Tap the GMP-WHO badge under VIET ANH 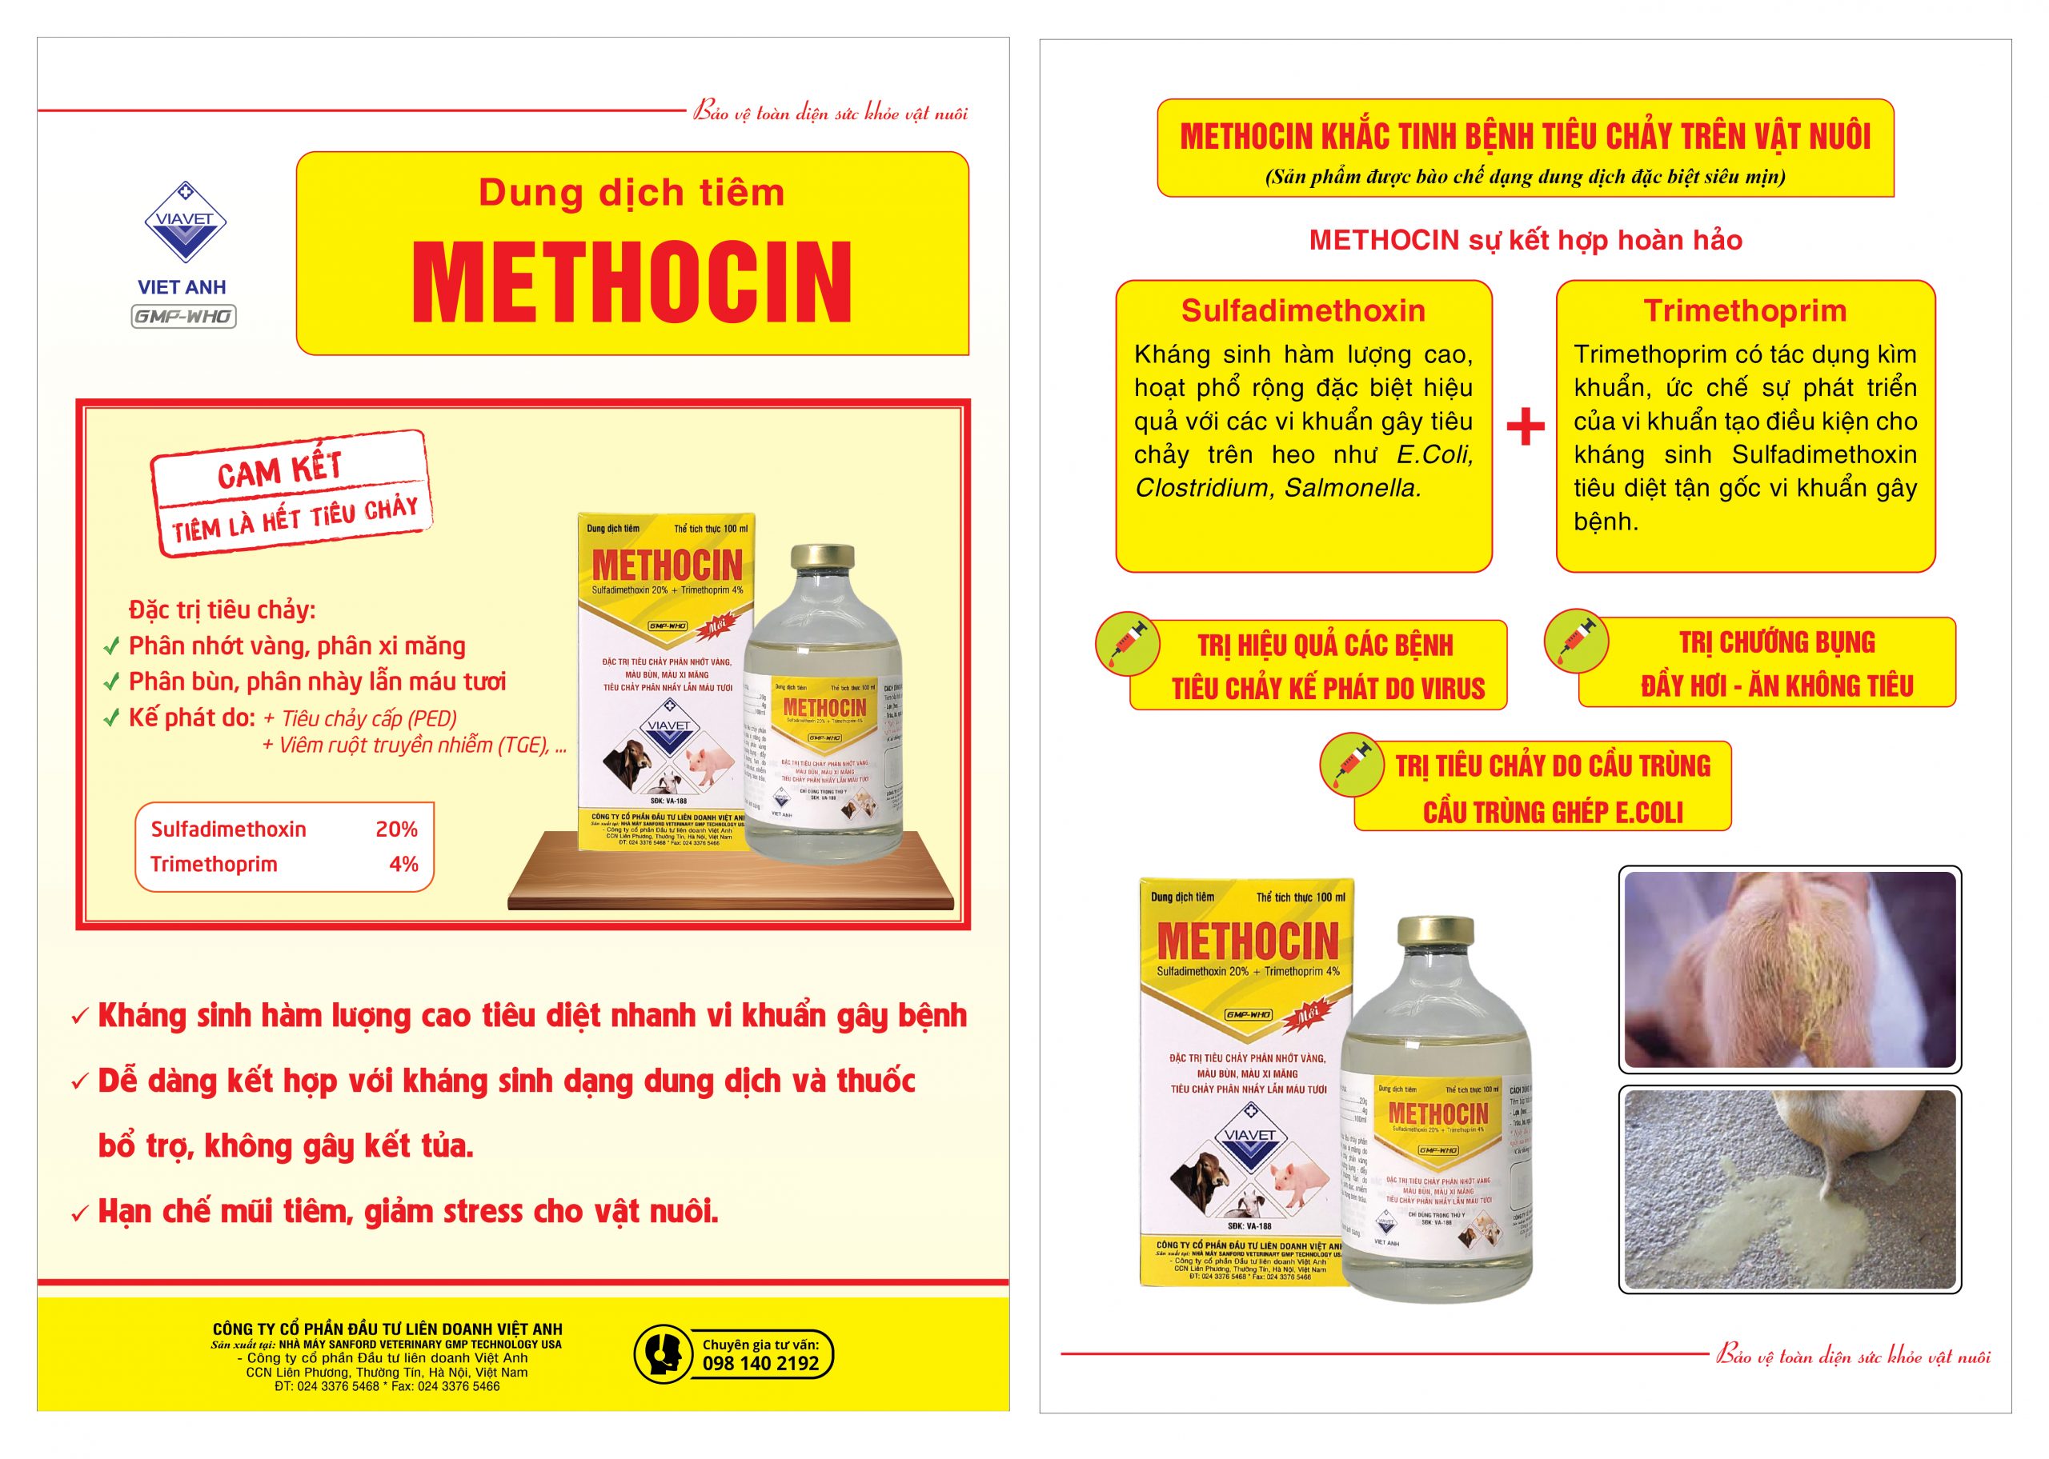(x=183, y=316)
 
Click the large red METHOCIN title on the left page (x=631, y=282)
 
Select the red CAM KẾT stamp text (x=279, y=469)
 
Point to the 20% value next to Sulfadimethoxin (x=396, y=829)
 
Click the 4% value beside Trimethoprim (x=403, y=864)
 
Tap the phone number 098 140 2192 (x=760, y=1363)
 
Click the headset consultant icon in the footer (x=663, y=1354)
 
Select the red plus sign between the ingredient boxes (x=1525, y=428)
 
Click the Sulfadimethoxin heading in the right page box (x=1303, y=311)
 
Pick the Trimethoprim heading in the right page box (x=1745, y=311)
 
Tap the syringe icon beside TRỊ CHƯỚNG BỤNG (x=1575, y=642)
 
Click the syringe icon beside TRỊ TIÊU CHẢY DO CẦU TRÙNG (x=1351, y=765)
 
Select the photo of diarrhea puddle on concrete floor (x=1790, y=1189)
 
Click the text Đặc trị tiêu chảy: (x=222, y=611)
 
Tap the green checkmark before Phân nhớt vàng (x=111, y=646)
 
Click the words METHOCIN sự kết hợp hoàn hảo (x=1525, y=240)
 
